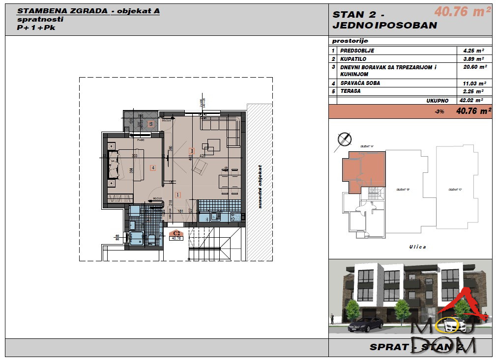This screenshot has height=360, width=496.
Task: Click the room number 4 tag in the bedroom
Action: (x=153, y=168)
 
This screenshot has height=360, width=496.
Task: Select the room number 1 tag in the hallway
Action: (x=177, y=194)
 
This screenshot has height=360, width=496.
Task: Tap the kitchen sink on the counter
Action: (x=215, y=217)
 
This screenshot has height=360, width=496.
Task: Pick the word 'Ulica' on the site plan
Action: (x=417, y=247)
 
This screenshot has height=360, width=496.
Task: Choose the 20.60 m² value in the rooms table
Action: (x=474, y=67)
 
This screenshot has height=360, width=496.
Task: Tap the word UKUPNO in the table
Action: (x=438, y=100)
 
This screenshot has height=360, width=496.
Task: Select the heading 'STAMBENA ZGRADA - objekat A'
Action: (x=88, y=11)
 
